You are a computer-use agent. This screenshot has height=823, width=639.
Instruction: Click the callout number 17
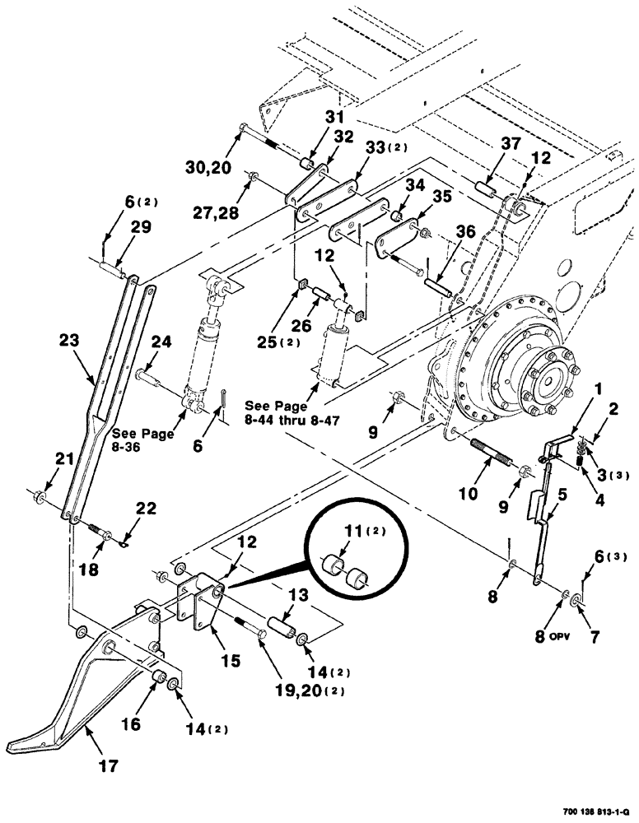pos(107,766)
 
